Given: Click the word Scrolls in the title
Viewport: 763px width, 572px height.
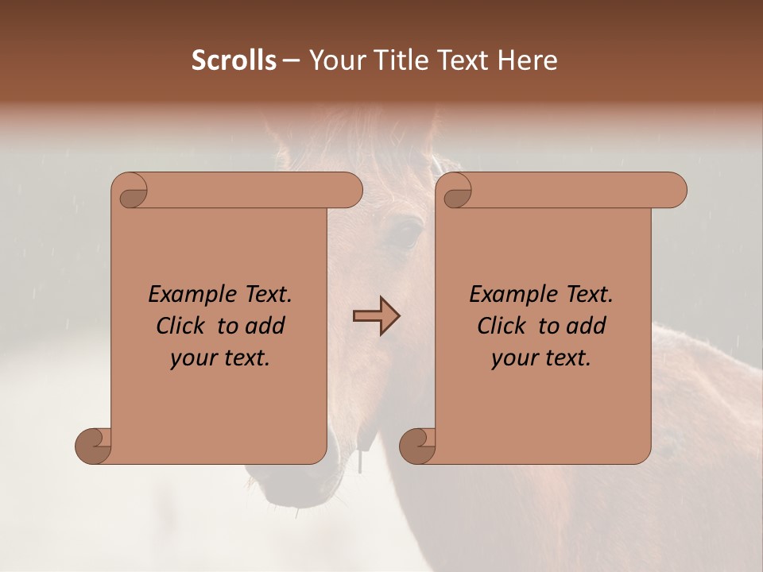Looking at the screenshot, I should pos(234,60).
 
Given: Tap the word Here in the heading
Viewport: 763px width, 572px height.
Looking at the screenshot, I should pos(528,60).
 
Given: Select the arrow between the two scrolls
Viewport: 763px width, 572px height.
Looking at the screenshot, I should pos(377,316).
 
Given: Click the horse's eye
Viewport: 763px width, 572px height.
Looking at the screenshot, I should pos(405,234).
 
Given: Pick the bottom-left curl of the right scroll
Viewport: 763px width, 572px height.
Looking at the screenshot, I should pos(418,445).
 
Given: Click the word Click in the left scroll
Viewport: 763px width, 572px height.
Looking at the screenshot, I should pos(181,326).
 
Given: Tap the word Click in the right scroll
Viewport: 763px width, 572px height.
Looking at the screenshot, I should pos(502,326).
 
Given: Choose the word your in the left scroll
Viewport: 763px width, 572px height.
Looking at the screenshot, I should pos(193,358).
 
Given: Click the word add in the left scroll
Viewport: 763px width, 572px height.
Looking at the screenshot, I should pos(266,326).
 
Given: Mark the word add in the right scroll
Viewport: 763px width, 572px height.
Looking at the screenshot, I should pos(587,326).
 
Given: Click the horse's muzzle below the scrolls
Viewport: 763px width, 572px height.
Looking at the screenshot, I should pos(294,485).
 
